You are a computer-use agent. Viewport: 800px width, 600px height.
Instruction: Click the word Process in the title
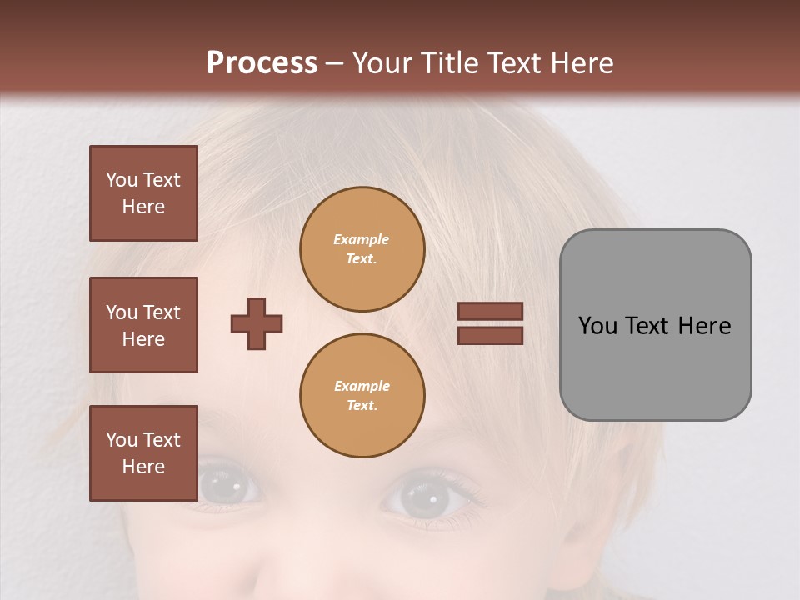pos(262,63)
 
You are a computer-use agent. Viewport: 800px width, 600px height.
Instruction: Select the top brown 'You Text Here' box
pos(143,193)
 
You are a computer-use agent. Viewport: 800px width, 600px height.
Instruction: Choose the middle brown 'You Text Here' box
pos(143,325)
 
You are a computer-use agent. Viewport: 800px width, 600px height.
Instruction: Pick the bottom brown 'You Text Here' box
pos(143,453)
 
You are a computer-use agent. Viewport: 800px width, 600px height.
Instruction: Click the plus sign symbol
pos(257,323)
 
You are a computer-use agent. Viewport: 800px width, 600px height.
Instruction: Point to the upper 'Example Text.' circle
pos(362,249)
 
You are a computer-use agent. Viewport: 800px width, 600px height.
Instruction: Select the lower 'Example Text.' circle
pos(362,396)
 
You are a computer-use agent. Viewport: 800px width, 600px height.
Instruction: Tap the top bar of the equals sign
pos(490,312)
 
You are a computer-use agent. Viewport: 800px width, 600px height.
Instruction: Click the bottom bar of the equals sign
pos(490,335)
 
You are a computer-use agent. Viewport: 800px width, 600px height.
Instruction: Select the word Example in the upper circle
pos(362,239)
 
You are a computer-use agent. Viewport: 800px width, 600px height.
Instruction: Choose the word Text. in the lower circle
pos(362,406)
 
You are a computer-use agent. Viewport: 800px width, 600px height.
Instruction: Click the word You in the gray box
pos(597,326)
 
